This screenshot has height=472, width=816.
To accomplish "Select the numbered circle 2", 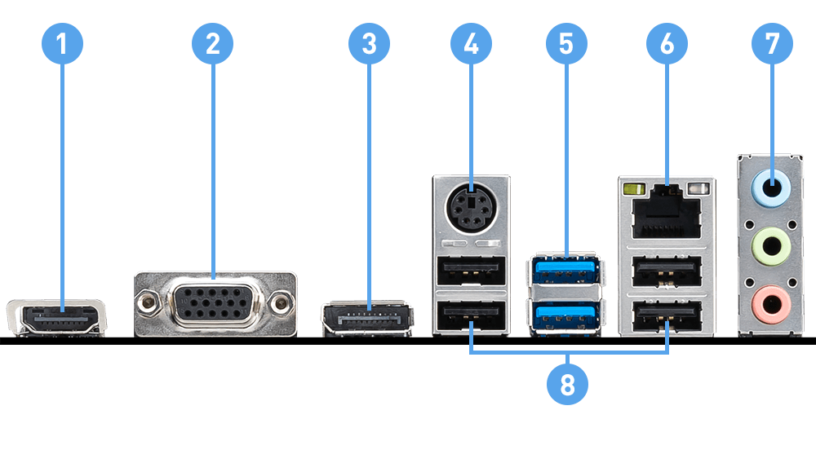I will pyautogui.click(x=212, y=45).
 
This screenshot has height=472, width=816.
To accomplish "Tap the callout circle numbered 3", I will pyautogui.click(x=369, y=45).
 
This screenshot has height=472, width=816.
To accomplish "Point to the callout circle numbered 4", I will pyautogui.click(x=471, y=45).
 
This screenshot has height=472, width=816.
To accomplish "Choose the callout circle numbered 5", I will pyautogui.click(x=565, y=45).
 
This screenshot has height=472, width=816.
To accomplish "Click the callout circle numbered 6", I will pyautogui.click(x=667, y=45).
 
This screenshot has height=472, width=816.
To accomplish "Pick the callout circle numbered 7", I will pyautogui.click(x=771, y=45).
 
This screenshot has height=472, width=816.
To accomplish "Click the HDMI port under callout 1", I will pyautogui.click(x=57, y=317).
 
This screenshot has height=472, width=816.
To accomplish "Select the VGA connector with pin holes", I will pyautogui.click(x=214, y=303).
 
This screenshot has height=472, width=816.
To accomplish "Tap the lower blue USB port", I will pyautogui.click(x=566, y=315).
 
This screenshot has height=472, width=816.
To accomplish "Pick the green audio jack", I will pyautogui.click(x=771, y=242).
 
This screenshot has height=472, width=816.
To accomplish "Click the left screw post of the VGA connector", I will pyautogui.click(x=148, y=303).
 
